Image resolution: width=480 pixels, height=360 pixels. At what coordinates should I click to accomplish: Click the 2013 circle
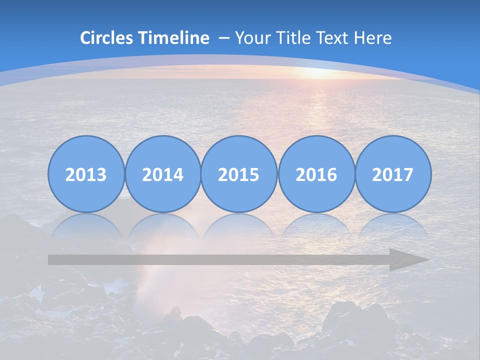pos(86,174)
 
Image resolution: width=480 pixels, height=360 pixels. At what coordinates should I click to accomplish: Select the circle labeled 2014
pos(162,174)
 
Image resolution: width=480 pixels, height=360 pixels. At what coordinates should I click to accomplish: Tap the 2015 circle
pos(239,174)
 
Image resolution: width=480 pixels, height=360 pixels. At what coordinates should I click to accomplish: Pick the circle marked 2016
pos(316,174)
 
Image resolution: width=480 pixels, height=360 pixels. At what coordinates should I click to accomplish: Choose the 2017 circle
pos(392,174)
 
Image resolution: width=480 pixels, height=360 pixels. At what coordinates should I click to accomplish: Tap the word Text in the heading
pos(332,38)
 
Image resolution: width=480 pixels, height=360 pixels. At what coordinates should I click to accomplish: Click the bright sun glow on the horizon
pos(320,73)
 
